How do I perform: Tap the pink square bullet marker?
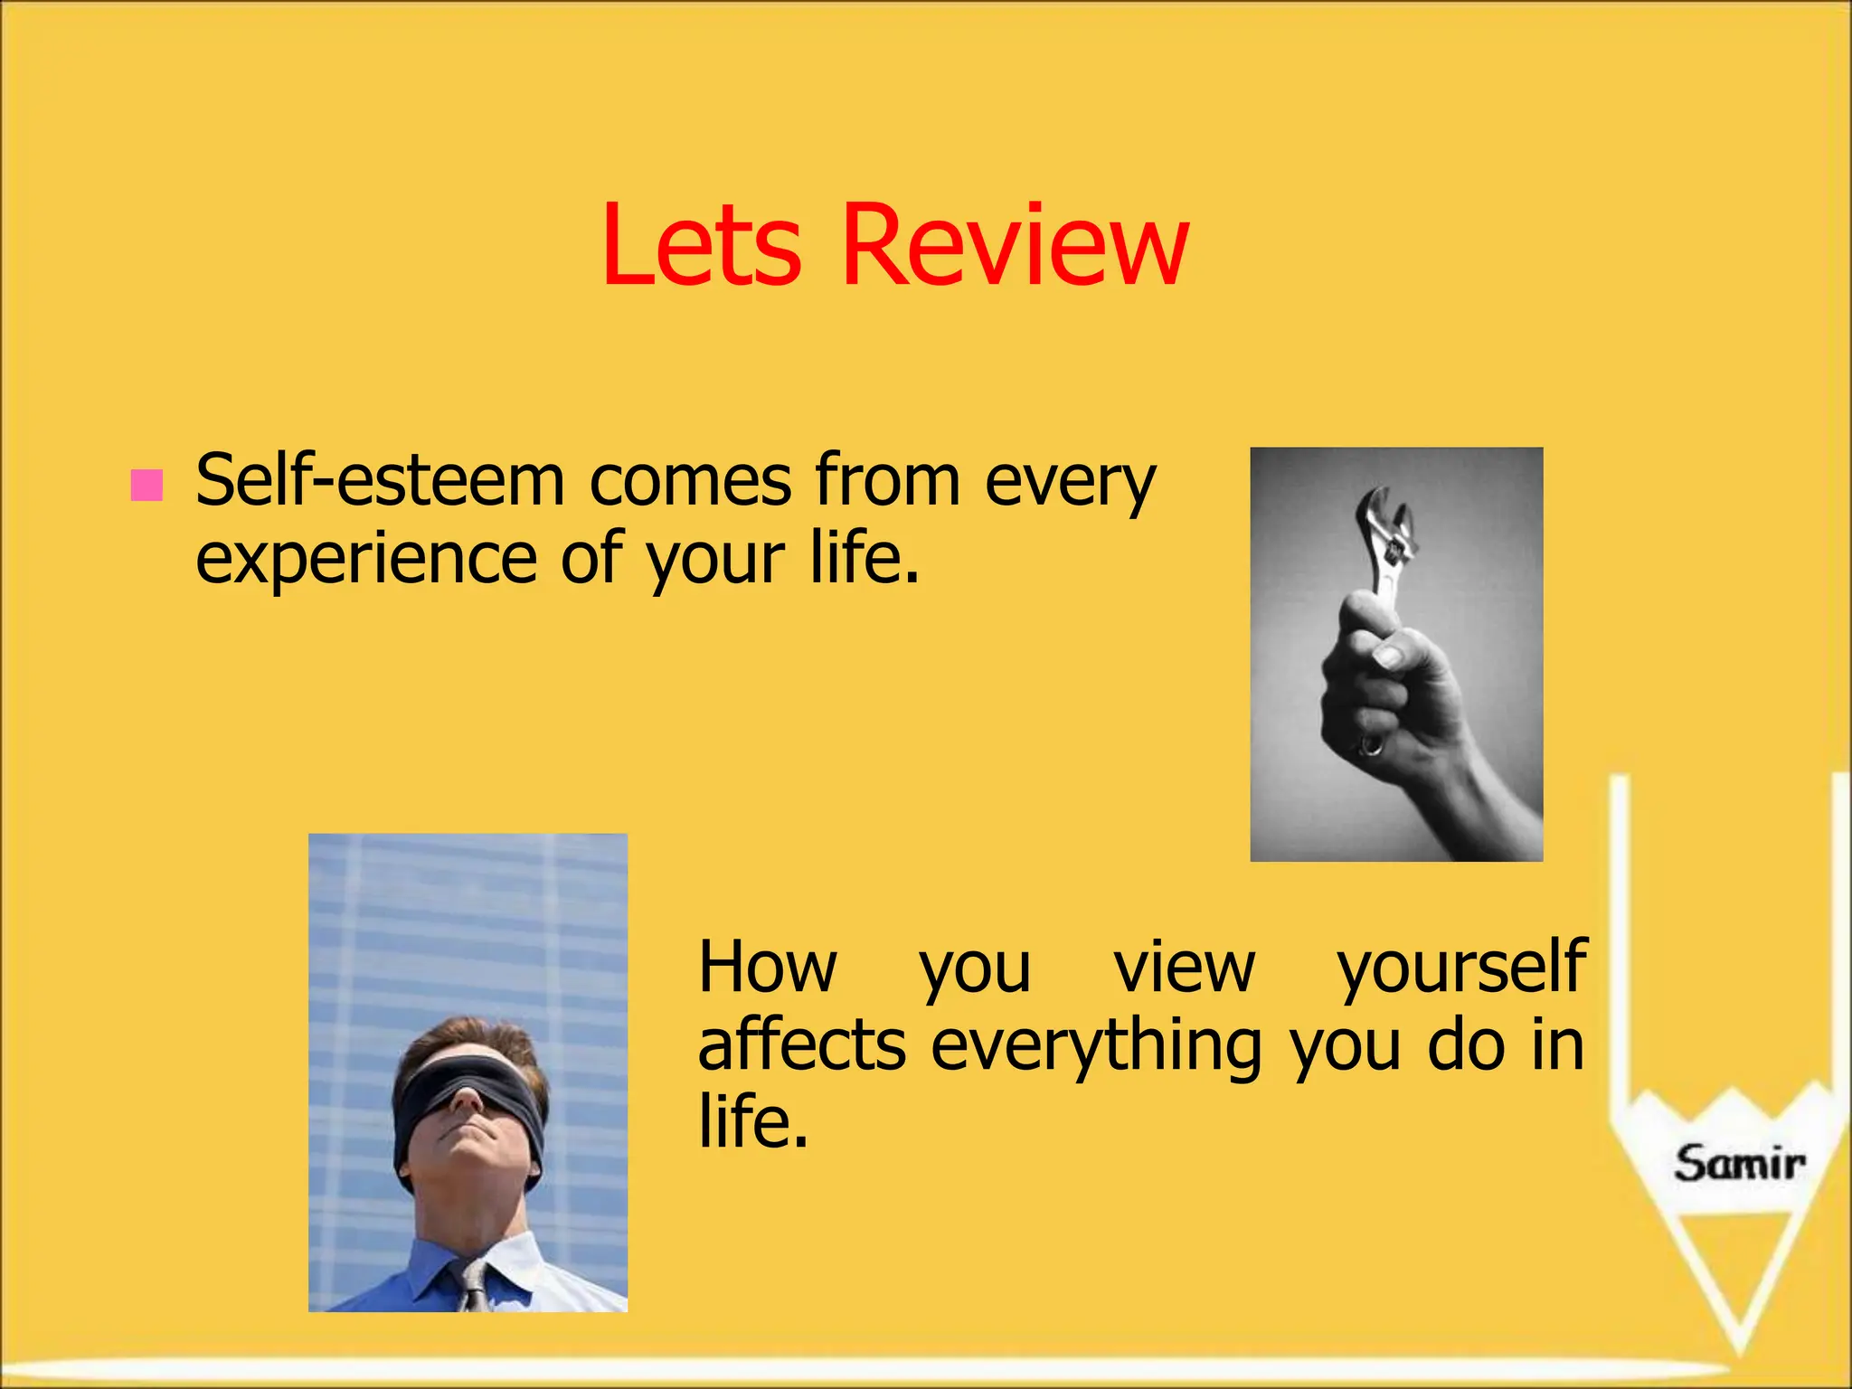pos(146,485)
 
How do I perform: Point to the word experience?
pos(365,559)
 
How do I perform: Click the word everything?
pos(1095,1047)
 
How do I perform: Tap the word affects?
pos(801,1045)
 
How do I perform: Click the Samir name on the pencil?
pos(1738,1164)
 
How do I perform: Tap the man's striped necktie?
pos(473,1284)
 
